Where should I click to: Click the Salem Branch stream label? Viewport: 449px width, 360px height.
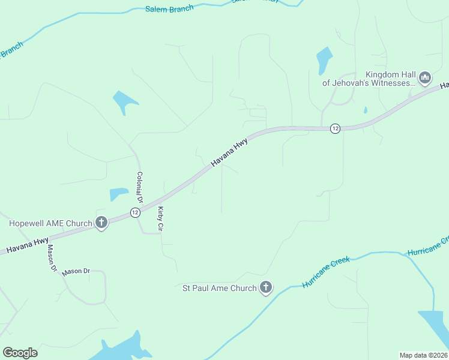click(169, 8)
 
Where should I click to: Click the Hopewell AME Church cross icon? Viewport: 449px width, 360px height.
click(101, 223)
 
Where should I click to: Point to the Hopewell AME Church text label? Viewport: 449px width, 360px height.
click(50, 224)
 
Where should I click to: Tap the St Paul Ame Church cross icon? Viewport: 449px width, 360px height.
click(266, 288)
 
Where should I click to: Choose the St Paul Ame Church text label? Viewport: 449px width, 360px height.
click(219, 289)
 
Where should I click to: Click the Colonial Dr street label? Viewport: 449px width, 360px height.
click(139, 187)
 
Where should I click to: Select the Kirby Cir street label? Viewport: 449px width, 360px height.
click(160, 219)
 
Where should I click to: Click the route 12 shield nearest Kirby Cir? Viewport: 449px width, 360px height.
click(134, 212)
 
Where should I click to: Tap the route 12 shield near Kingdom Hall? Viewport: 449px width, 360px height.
click(335, 128)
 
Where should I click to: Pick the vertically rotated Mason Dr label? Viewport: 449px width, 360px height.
click(52, 259)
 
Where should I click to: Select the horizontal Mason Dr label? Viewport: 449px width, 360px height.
click(76, 271)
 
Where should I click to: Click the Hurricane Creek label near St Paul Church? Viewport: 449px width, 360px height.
click(326, 273)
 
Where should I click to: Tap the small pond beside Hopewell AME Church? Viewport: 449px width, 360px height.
click(118, 194)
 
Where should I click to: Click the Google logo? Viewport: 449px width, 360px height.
click(20, 353)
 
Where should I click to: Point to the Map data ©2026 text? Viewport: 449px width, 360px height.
click(423, 355)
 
